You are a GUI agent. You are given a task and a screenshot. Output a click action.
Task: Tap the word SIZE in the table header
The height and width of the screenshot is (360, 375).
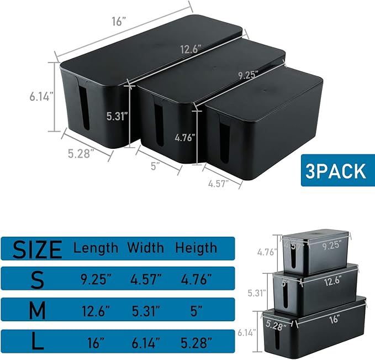[38, 249]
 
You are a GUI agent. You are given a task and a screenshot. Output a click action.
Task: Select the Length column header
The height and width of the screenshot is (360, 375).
[96, 247]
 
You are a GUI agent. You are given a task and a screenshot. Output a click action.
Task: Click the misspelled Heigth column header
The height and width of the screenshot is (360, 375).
[196, 247]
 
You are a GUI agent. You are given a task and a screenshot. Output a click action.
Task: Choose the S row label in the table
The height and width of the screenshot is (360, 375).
[38, 280]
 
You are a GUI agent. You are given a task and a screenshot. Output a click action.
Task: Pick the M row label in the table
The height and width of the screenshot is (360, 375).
[38, 311]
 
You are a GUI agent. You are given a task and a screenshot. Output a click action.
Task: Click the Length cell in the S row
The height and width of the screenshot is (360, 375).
[96, 280]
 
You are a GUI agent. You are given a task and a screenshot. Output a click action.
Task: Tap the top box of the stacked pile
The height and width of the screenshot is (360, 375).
[315, 254]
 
